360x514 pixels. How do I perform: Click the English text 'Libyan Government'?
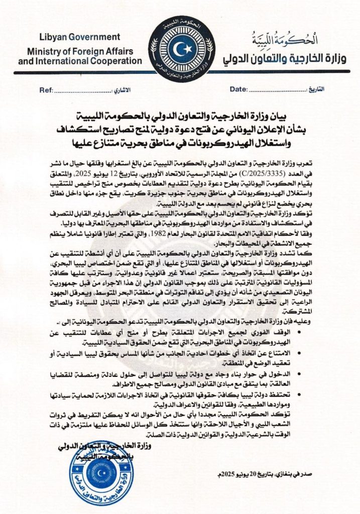pyautogui.click(x=80, y=37)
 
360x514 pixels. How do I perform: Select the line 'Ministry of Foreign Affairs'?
pyautogui.click(x=79, y=51)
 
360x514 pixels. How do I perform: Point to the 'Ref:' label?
pyautogui.click(x=46, y=89)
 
